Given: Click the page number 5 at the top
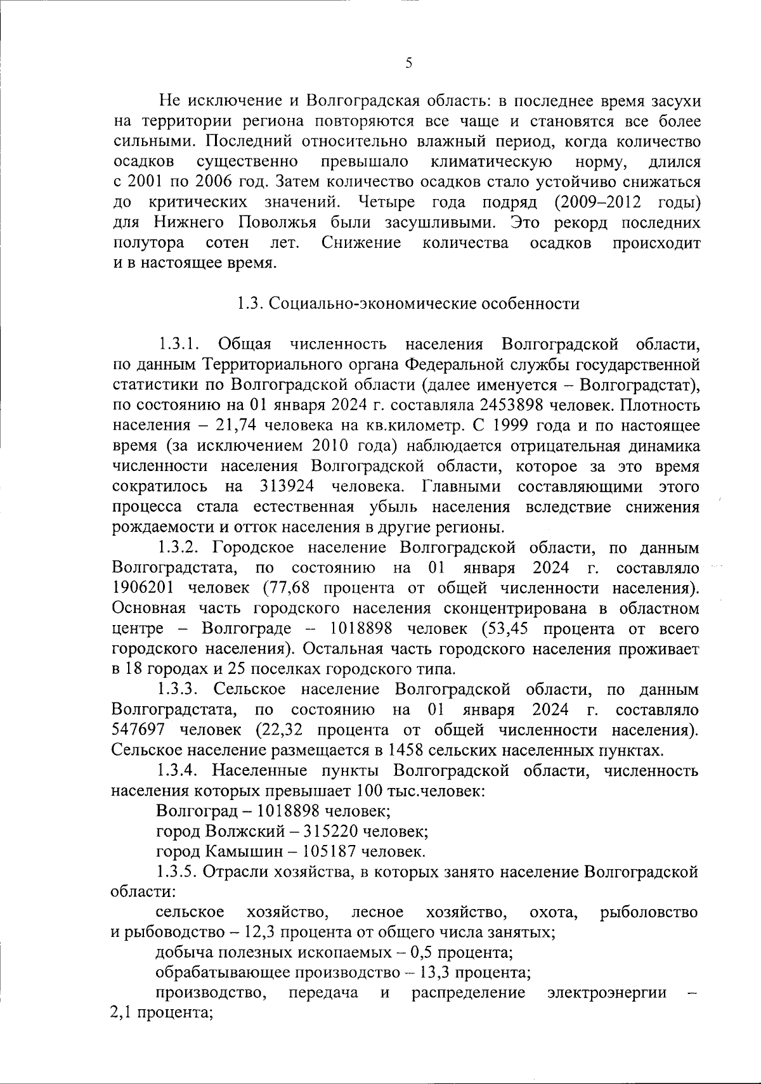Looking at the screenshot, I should pyautogui.click(x=409, y=63).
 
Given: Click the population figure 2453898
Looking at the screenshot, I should pyautogui.click(x=516, y=405).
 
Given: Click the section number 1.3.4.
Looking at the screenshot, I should pyautogui.click(x=180, y=771).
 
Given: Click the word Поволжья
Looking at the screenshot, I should pyautogui.click(x=275, y=223).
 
